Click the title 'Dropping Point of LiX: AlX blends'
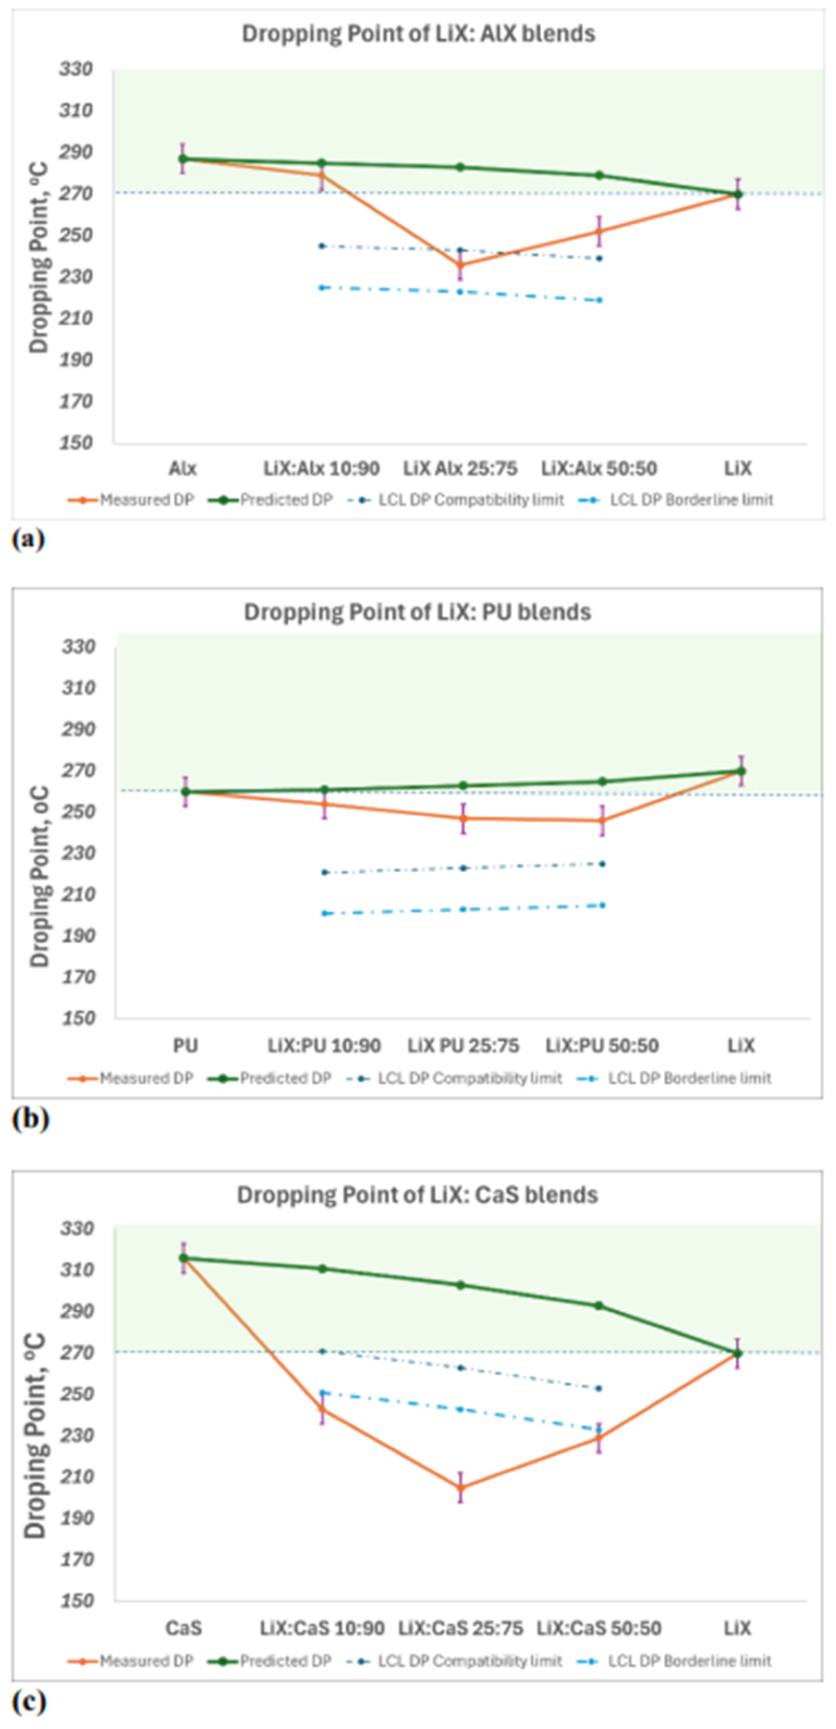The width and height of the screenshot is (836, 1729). click(x=418, y=34)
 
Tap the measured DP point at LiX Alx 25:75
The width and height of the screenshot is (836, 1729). click(x=460, y=264)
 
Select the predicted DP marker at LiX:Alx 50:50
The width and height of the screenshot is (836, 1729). click(x=599, y=176)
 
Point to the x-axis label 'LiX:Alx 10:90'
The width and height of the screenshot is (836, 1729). click(x=321, y=469)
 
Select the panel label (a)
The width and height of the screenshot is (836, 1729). click(x=28, y=540)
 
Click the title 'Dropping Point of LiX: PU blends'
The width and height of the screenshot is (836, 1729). click(x=417, y=612)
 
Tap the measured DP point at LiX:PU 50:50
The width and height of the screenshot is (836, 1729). click(x=602, y=820)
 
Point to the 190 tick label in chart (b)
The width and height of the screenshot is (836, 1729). click(x=79, y=936)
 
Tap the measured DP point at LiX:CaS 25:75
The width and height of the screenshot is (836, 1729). click(x=461, y=1488)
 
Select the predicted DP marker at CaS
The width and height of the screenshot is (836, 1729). click(x=183, y=1258)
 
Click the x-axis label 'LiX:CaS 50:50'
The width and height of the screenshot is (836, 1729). click(x=599, y=1629)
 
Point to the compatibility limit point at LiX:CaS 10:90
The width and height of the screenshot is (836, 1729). click(x=322, y=1351)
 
